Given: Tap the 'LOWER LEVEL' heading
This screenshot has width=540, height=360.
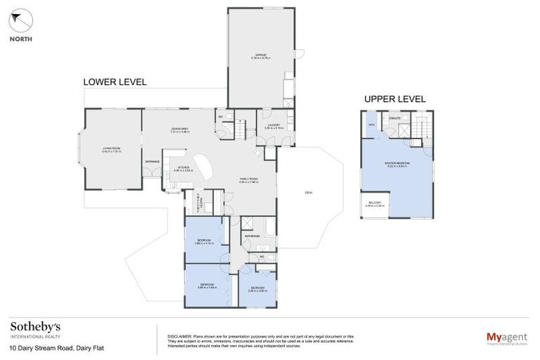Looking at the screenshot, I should tap(115, 82).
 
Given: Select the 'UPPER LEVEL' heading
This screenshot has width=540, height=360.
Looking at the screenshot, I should tap(394, 99).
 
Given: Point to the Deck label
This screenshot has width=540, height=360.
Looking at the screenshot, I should tap(309, 193).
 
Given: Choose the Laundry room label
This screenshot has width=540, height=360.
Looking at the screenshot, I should tap(272, 127).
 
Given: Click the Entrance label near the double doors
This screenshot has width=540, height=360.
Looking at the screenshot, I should tap(152, 162).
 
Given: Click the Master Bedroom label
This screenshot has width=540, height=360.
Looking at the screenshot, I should tap(397, 165).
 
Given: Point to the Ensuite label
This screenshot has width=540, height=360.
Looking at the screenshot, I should tap(395, 119).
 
